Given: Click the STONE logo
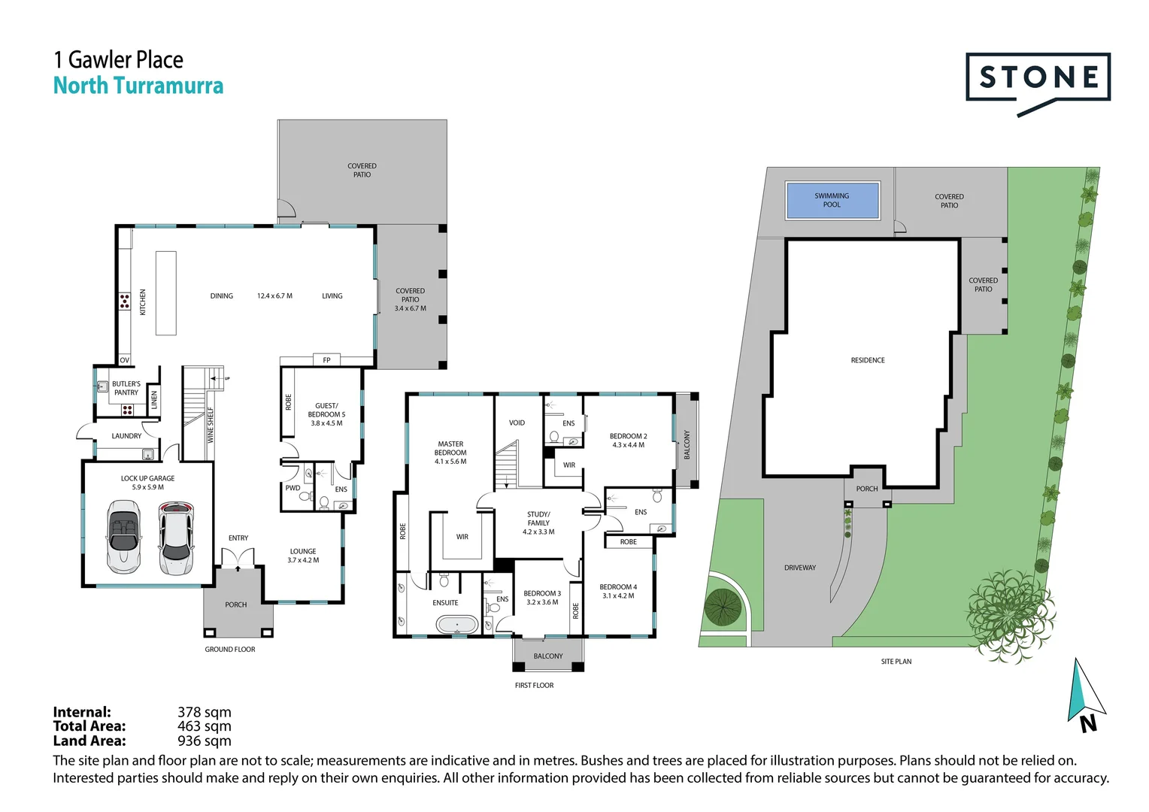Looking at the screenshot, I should click(x=1038, y=77).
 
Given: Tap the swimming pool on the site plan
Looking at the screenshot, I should click(x=832, y=200).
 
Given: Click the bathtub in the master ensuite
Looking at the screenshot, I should click(x=457, y=625).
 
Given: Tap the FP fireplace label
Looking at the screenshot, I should click(x=326, y=360).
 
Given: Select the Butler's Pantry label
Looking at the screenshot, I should click(x=126, y=388).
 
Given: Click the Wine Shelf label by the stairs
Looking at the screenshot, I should click(x=211, y=424).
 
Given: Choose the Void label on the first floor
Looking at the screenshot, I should click(x=517, y=423).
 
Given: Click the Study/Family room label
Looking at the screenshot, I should click(x=538, y=523).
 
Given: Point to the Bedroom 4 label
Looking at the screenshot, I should click(x=618, y=591).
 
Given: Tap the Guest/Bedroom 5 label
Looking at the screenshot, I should click(x=326, y=414).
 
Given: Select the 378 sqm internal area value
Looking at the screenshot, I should click(x=205, y=712).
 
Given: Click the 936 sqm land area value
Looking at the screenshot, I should click(x=205, y=741).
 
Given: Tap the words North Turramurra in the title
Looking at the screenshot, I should click(x=138, y=86).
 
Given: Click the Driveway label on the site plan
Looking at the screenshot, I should click(x=799, y=568).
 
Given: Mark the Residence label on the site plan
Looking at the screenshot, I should click(x=868, y=360).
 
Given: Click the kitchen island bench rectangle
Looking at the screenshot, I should click(x=165, y=293).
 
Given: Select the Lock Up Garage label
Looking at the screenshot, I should click(x=147, y=478).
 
